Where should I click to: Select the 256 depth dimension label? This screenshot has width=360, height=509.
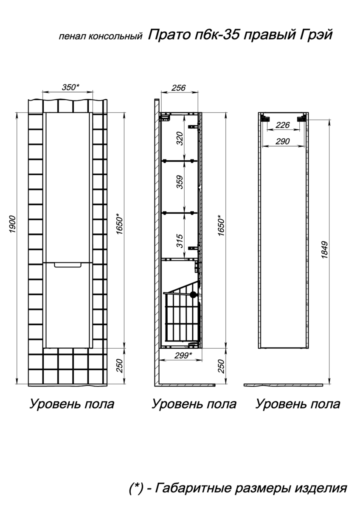tap(178, 88)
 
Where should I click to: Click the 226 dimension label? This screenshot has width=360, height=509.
tap(283, 125)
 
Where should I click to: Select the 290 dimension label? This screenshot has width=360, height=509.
tap(283, 141)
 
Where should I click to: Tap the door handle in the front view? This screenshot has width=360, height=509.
tap(68, 265)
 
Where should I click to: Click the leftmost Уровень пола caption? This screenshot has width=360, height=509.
tap(72, 404)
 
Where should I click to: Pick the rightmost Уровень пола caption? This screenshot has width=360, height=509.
tap(298, 404)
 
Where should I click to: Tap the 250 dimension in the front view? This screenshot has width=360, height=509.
tap(119, 366)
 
